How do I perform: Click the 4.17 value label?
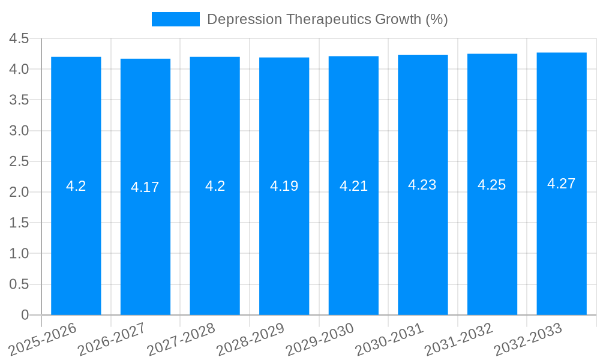(145, 187)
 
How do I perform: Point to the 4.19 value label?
(284, 186)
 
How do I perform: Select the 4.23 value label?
(422, 185)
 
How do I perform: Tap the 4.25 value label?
(492, 185)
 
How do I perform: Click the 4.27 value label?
(562, 184)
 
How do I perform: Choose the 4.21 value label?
(353, 186)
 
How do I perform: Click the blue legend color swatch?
(175, 19)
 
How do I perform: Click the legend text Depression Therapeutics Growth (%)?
(328, 19)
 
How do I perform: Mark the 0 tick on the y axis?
(25, 315)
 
